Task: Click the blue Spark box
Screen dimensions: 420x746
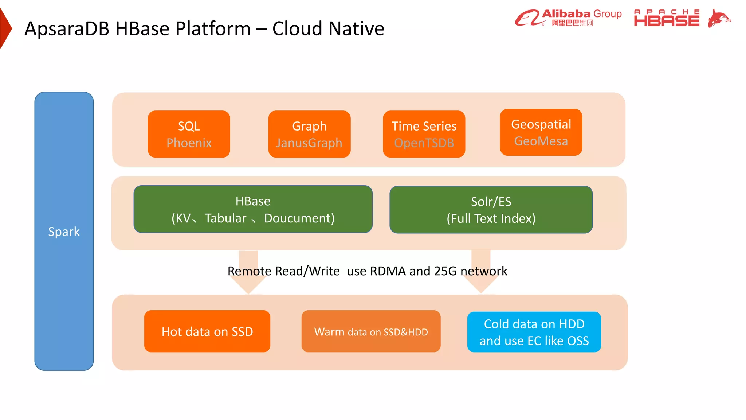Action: [64, 231]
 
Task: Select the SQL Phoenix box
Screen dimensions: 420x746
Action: [189, 134]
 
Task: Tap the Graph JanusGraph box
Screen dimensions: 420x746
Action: [309, 134]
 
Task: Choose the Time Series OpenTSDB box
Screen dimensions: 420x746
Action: [424, 134]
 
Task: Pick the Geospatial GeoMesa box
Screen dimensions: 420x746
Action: [541, 132]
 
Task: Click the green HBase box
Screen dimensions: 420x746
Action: [253, 209]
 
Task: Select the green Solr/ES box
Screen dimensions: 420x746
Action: [491, 210]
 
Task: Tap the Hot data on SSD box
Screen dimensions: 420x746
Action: [207, 331]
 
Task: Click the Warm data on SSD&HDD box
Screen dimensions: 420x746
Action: [371, 331]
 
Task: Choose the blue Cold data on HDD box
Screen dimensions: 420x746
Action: [534, 332]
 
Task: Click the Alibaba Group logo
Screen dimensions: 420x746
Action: [568, 18]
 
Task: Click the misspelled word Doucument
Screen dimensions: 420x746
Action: [299, 218]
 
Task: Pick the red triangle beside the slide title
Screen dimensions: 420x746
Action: [5, 28]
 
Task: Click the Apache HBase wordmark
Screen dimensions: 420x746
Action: [666, 18]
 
